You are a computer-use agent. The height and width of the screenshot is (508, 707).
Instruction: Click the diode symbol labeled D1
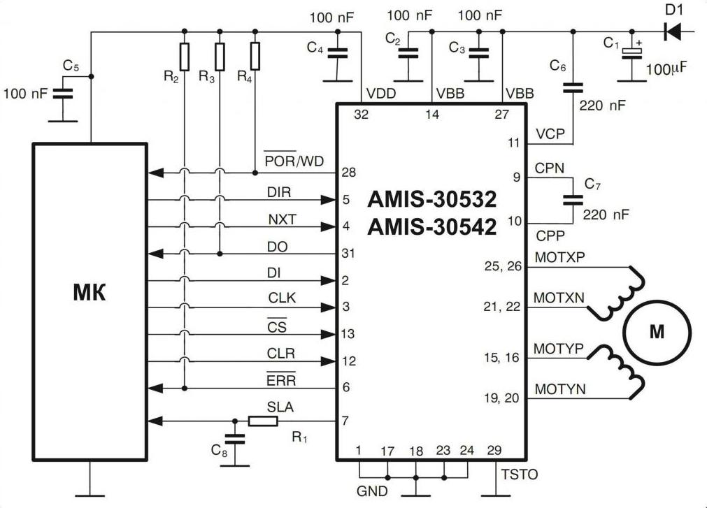click(673, 31)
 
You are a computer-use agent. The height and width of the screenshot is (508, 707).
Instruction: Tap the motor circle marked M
click(657, 333)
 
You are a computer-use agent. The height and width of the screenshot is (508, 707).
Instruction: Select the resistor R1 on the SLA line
click(263, 421)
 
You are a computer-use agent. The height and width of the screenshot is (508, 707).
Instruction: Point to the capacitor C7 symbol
click(573, 200)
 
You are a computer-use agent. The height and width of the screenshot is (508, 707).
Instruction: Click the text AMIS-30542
click(432, 227)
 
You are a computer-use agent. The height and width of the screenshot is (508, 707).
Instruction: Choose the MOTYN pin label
click(560, 389)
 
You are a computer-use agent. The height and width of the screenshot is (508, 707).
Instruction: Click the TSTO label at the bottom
click(520, 474)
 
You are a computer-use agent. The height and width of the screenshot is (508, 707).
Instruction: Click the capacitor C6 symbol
click(573, 88)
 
